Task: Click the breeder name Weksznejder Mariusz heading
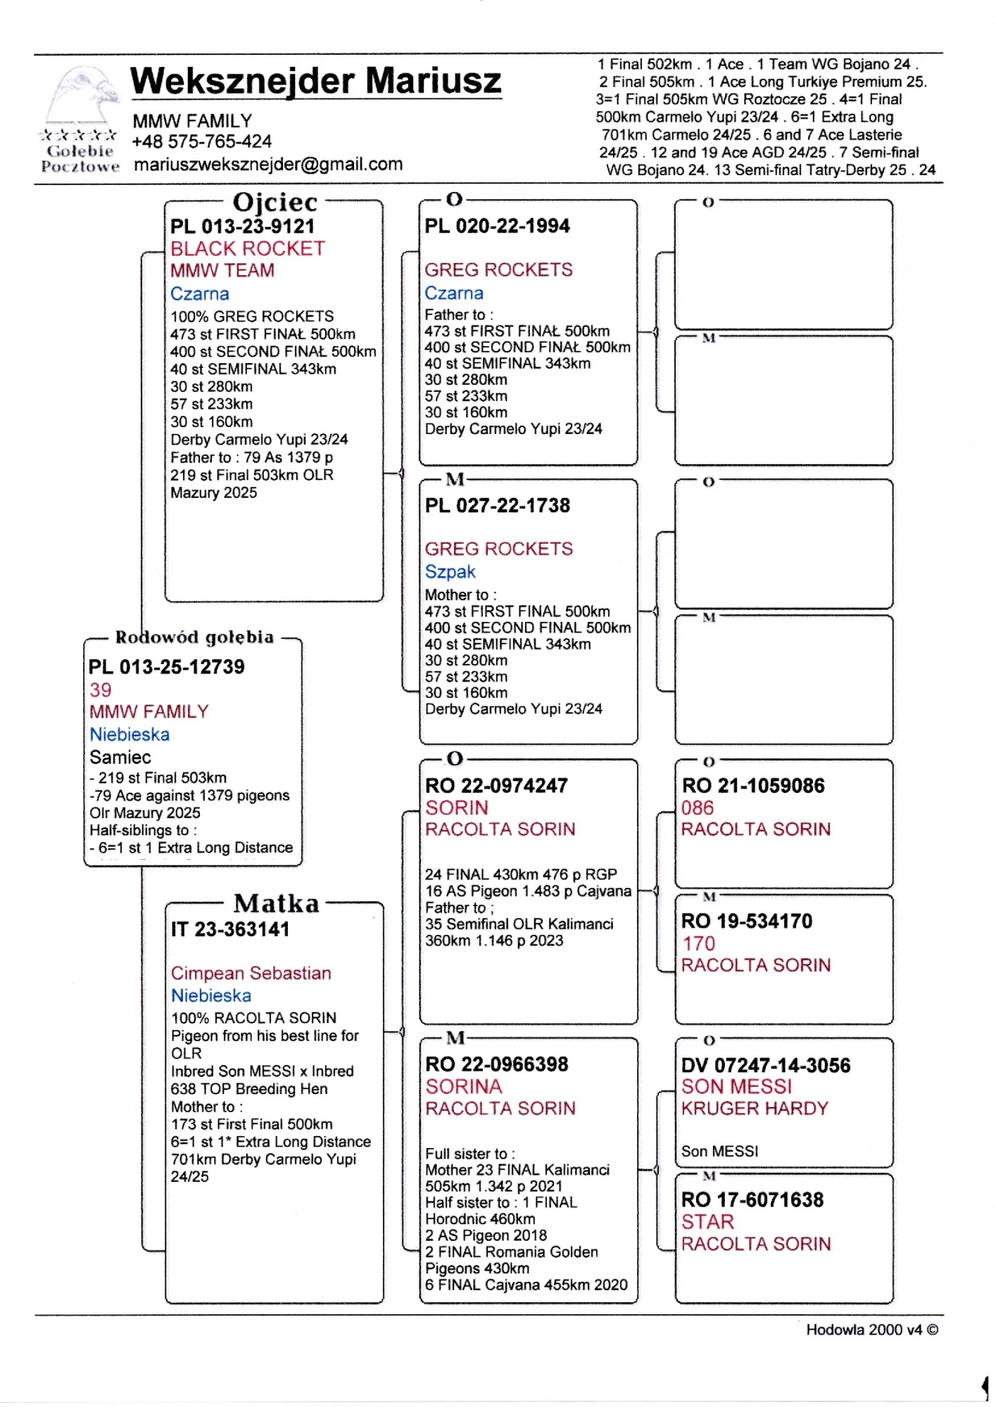click(315, 81)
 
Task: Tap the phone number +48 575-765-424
click(201, 142)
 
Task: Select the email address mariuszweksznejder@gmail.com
click(268, 165)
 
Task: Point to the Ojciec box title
click(275, 202)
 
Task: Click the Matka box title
click(276, 903)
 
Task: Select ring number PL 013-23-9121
click(242, 227)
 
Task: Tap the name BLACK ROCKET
click(247, 249)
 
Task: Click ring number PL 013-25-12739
click(167, 667)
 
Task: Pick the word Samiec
click(120, 758)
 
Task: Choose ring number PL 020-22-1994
click(497, 226)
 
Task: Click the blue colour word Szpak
click(450, 572)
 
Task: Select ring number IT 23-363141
click(230, 929)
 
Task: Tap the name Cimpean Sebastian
click(251, 974)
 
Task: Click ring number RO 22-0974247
click(496, 786)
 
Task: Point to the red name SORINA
click(463, 1087)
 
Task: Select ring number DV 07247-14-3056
click(765, 1066)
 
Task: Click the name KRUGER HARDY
click(755, 1109)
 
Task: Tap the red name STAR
click(707, 1222)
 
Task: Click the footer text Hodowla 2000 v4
click(864, 1330)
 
